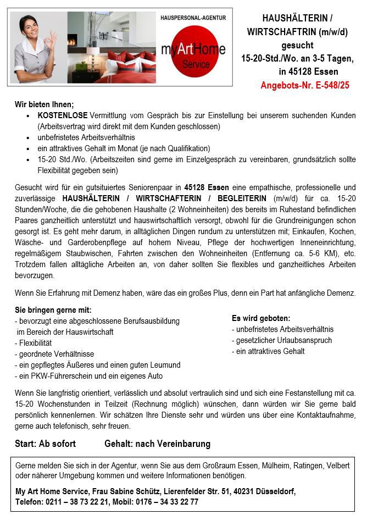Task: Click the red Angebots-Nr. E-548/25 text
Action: pos(305,85)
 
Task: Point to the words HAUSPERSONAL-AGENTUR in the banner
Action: pos(193,18)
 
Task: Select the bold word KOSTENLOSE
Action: pos(62,115)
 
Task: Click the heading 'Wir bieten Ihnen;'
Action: pos(44,104)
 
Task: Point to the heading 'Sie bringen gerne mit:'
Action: pos(53,310)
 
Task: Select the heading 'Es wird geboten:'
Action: pos(261,318)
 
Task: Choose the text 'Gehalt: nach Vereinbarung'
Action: pos(157,444)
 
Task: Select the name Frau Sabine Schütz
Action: pos(130,491)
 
